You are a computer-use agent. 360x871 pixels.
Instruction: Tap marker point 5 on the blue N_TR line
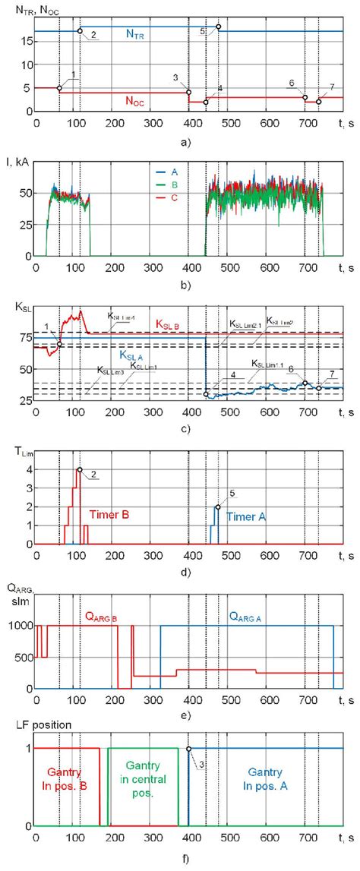[x=218, y=27]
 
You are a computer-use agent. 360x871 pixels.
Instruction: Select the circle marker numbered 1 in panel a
[x=59, y=88]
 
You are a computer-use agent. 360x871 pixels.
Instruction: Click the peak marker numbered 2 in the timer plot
[x=80, y=469]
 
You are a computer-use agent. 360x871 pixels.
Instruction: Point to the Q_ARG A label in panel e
[x=250, y=597]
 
